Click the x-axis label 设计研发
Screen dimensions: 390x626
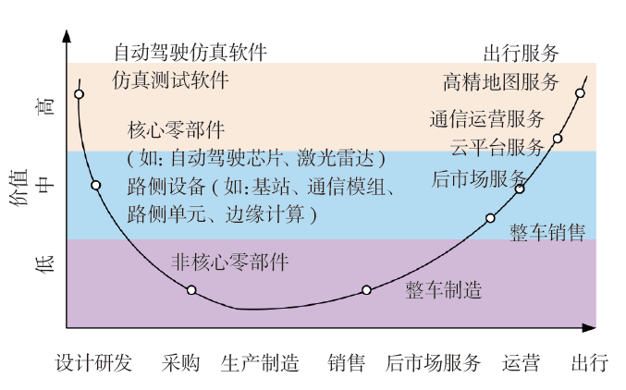[93, 362]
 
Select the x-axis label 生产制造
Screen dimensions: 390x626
[260, 362]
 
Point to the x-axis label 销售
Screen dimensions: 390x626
[347, 362]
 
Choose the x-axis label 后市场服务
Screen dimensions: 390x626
[434, 362]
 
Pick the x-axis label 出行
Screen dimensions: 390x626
[589, 362]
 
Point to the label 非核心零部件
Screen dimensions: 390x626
[230, 262]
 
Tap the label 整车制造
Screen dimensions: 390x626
[444, 290]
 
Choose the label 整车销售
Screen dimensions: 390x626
[547, 233]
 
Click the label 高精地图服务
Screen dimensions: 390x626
[501, 81]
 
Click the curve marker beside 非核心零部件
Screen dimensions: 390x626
[191, 290]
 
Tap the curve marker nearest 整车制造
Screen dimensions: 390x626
[366, 290]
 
